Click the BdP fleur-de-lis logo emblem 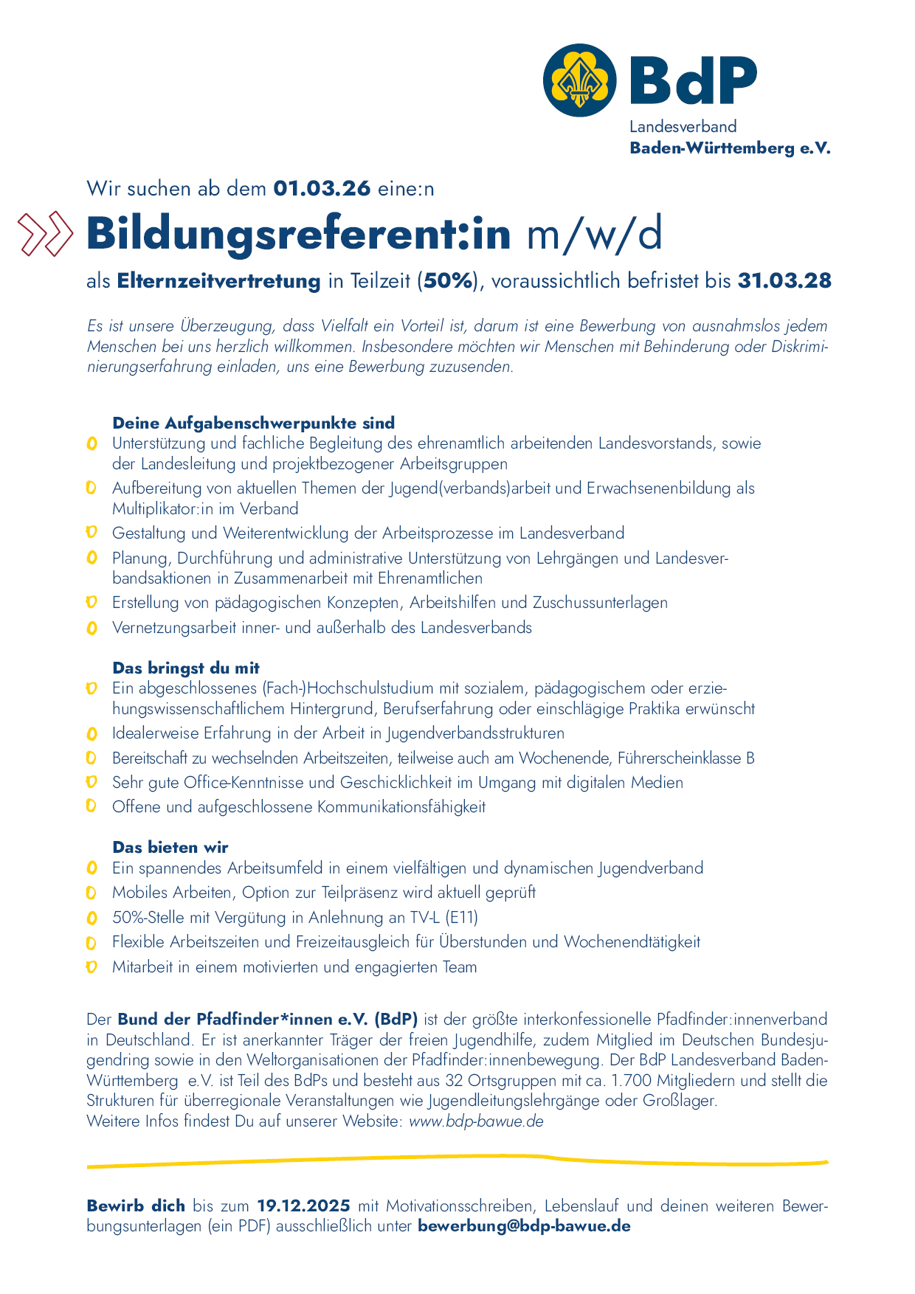pyautogui.click(x=580, y=80)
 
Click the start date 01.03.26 pyautogui.click(x=322, y=189)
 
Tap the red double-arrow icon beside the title pyautogui.click(x=46, y=234)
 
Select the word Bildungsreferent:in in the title pyautogui.click(x=299, y=234)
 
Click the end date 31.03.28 pyautogui.click(x=784, y=281)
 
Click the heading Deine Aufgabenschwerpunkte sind pyautogui.click(x=253, y=423)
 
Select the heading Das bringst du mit pyautogui.click(x=186, y=668)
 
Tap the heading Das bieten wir pyautogui.click(x=170, y=847)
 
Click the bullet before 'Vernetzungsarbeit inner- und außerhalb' pyautogui.click(x=91, y=629)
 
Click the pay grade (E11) pyautogui.click(x=462, y=918)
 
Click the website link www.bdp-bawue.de pyautogui.click(x=476, y=1121)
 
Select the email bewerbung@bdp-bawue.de pyautogui.click(x=524, y=1226)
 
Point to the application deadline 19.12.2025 pyautogui.click(x=303, y=1206)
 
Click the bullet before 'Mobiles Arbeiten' pyautogui.click(x=91, y=893)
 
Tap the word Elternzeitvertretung pyautogui.click(x=218, y=281)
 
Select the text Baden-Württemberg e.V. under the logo pyautogui.click(x=730, y=148)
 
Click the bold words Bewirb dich pyautogui.click(x=136, y=1206)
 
